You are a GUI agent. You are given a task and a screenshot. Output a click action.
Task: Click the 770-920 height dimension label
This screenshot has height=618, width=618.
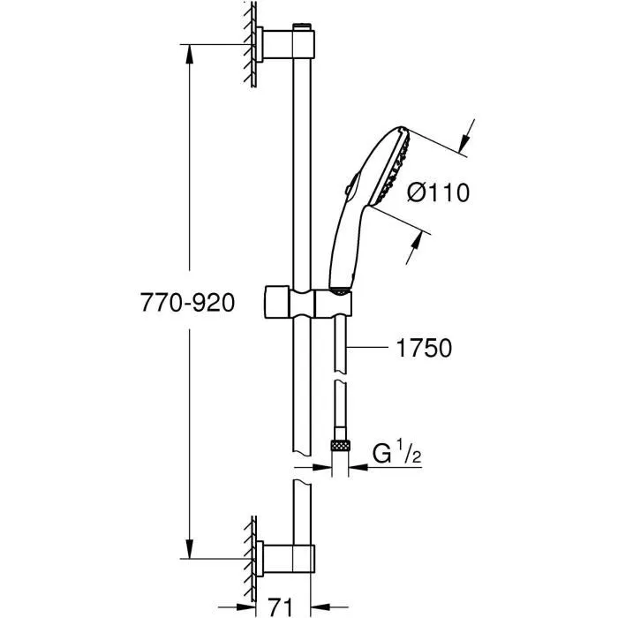click(x=186, y=303)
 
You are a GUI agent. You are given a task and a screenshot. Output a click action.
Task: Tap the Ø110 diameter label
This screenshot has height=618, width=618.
click(x=439, y=192)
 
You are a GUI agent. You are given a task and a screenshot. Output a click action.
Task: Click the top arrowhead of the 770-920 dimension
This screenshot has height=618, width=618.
click(x=188, y=52)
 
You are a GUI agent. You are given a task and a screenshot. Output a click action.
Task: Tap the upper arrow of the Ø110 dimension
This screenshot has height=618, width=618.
click(x=465, y=140)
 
